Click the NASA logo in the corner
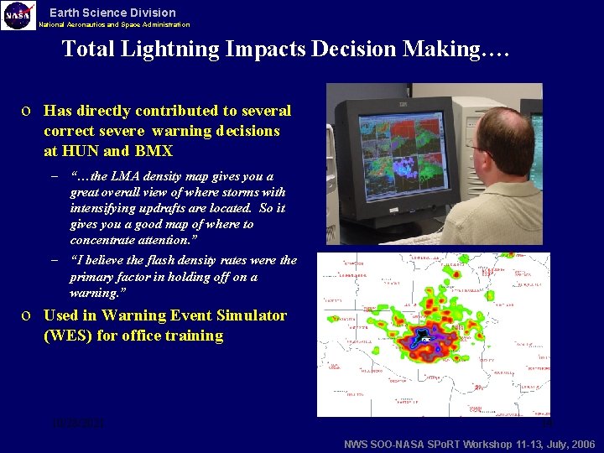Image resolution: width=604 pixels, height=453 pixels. (x=18, y=15)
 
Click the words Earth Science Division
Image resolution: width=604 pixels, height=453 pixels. (x=112, y=13)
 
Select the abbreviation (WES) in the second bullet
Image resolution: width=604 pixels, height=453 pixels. (x=70, y=336)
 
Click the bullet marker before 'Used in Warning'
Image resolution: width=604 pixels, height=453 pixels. (x=29, y=316)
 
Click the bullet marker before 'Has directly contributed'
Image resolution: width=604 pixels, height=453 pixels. (x=29, y=111)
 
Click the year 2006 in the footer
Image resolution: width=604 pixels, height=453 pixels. (x=581, y=445)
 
